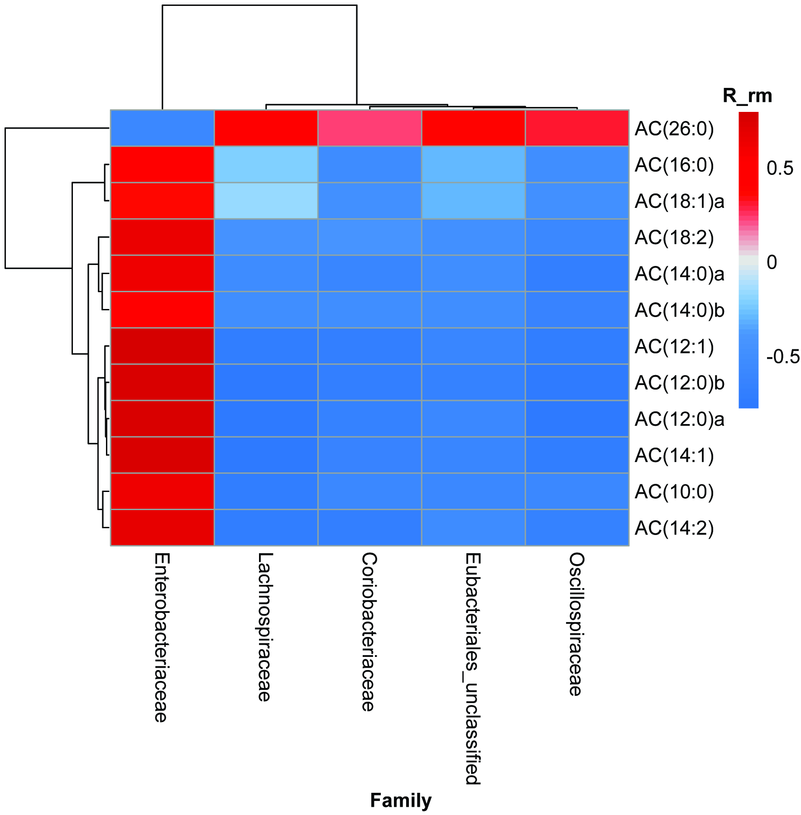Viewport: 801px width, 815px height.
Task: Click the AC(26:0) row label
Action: point(674,129)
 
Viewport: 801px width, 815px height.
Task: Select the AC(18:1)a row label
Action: point(679,202)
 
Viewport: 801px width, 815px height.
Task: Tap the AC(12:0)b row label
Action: point(679,383)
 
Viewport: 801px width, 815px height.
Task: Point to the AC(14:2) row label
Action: point(674,528)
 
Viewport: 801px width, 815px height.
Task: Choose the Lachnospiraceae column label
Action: point(265,627)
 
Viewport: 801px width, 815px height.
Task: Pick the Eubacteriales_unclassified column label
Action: point(473,669)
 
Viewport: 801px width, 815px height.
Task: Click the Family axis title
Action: point(401,801)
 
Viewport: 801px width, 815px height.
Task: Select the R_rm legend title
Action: point(747,96)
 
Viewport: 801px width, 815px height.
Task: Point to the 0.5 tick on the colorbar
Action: point(780,169)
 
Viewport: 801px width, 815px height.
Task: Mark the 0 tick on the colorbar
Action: point(772,262)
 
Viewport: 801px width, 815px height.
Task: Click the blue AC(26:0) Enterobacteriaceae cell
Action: point(162,128)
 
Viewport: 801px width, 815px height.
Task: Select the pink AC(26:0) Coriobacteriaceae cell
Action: point(369,128)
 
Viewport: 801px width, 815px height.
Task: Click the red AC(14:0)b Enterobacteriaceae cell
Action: point(162,310)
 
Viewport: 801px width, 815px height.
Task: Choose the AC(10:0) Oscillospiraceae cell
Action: point(577,492)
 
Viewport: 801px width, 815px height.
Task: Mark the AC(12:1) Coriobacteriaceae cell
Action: point(369,346)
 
